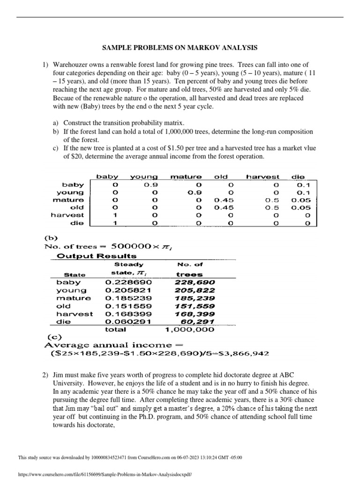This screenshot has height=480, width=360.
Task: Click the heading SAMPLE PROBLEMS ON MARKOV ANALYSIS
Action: pyautogui.click(x=180, y=47)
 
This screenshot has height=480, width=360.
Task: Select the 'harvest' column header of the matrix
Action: pyautogui.click(x=262, y=177)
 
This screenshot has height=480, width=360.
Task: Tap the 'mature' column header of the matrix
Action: pyautogui.click(x=186, y=177)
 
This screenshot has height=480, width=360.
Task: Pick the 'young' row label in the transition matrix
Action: pyautogui.click(x=70, y=192)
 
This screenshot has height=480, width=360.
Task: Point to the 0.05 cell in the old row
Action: pyautogui.click(x=298, y=208)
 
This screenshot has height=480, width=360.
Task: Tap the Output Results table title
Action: pyautogui.click(x=97, y=256)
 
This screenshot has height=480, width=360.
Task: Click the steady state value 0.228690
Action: pyautogui.click(x=123, y=282)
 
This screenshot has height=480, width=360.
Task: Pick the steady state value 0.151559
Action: pyautogui.click(x=123, y=306)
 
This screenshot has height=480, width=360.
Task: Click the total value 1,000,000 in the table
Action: pyautogui.click(x=190, y=330)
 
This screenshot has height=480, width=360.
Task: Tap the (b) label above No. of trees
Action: pyautogui.click(x=52, y=238)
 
